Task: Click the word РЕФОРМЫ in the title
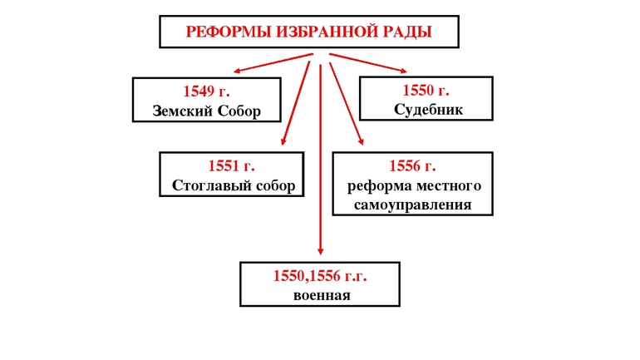[219, 32]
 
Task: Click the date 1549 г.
[206, 91]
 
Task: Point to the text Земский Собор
[206, 111]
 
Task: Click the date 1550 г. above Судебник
[426, 91]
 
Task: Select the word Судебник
[426, 109]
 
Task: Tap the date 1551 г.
[232, 165]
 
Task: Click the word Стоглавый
[211, 185]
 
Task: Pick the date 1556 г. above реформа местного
[413, 165]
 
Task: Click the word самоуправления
[413, 205]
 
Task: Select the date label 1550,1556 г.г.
[320, 275]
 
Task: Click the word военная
[320, 295]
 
